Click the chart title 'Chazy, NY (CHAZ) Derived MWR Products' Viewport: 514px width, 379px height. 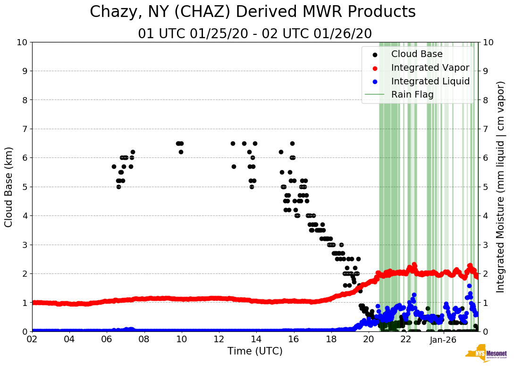[x=253, y=12]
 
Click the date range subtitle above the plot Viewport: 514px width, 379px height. [x=255, y=34]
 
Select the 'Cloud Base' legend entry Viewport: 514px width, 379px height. [x=417, y=54]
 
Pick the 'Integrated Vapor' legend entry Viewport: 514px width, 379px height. [x=430, y=68]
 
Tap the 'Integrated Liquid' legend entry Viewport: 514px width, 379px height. [x=430, y=82]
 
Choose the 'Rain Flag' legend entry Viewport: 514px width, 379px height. [x=412, y=95]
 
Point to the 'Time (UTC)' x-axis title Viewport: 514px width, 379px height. [x=255, y=351]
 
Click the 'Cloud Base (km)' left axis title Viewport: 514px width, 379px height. [x=9, y=186]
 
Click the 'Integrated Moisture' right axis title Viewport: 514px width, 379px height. [x=500, y=186]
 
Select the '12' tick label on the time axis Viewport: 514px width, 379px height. [x=219, y=339]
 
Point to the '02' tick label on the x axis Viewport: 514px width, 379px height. [x=32, y=339]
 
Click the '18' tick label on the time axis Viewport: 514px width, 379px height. [x=331, y=339]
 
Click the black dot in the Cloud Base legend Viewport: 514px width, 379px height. [x=375, y=54]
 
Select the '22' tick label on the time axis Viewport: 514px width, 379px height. [x=406, y=339]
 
